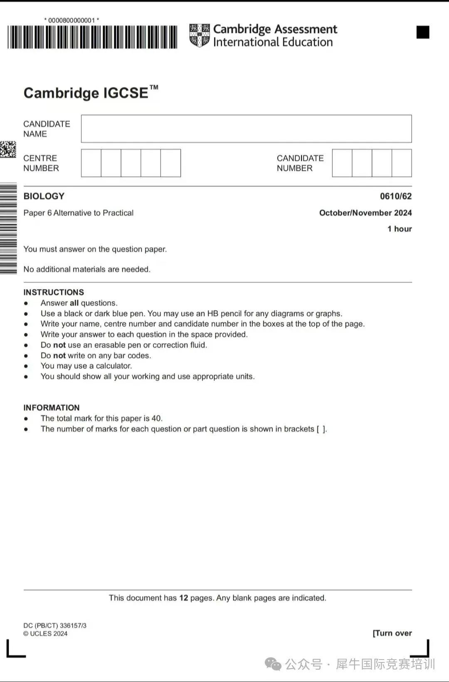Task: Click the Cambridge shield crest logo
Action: tap(200, 35)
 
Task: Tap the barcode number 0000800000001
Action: tap(72, 20)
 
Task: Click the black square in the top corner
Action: tap(423, 32)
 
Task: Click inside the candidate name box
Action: tap(246, 129)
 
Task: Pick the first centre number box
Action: tap(91, 163)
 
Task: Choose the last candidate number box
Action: tap(402, 163)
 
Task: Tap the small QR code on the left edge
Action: tap(8, 149)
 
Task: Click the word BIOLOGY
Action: tap(44, 196)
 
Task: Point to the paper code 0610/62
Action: tap(395, 196)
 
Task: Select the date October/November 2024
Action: tap(365, 213)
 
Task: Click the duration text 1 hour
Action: tap(400, 229)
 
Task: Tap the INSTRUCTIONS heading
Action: tap(54, 292)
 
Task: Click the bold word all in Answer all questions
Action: tap(74, 303)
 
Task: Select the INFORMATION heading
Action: tap(52, 408)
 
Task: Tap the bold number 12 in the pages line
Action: tap(183, 598)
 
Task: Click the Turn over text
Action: tap(392, 633)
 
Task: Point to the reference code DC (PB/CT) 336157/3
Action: tap(55, 625)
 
